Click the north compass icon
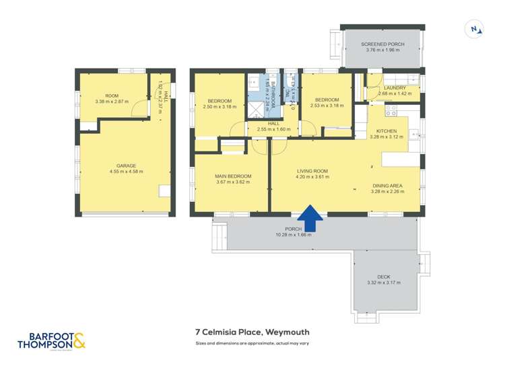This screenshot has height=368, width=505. [475, 29]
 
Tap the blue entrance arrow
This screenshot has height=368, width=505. [310, 219]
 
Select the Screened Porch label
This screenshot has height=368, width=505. [382, 44]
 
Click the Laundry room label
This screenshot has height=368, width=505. [395, 88]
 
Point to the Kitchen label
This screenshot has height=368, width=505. [386, 131]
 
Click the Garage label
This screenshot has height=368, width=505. [126, 165]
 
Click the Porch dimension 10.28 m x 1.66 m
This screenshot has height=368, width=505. [293, 235]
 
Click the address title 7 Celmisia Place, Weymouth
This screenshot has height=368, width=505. [252, 332]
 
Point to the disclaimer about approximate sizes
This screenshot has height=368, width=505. [252, 343]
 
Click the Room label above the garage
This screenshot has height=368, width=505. [111, 96]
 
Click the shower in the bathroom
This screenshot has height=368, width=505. [257, 108]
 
